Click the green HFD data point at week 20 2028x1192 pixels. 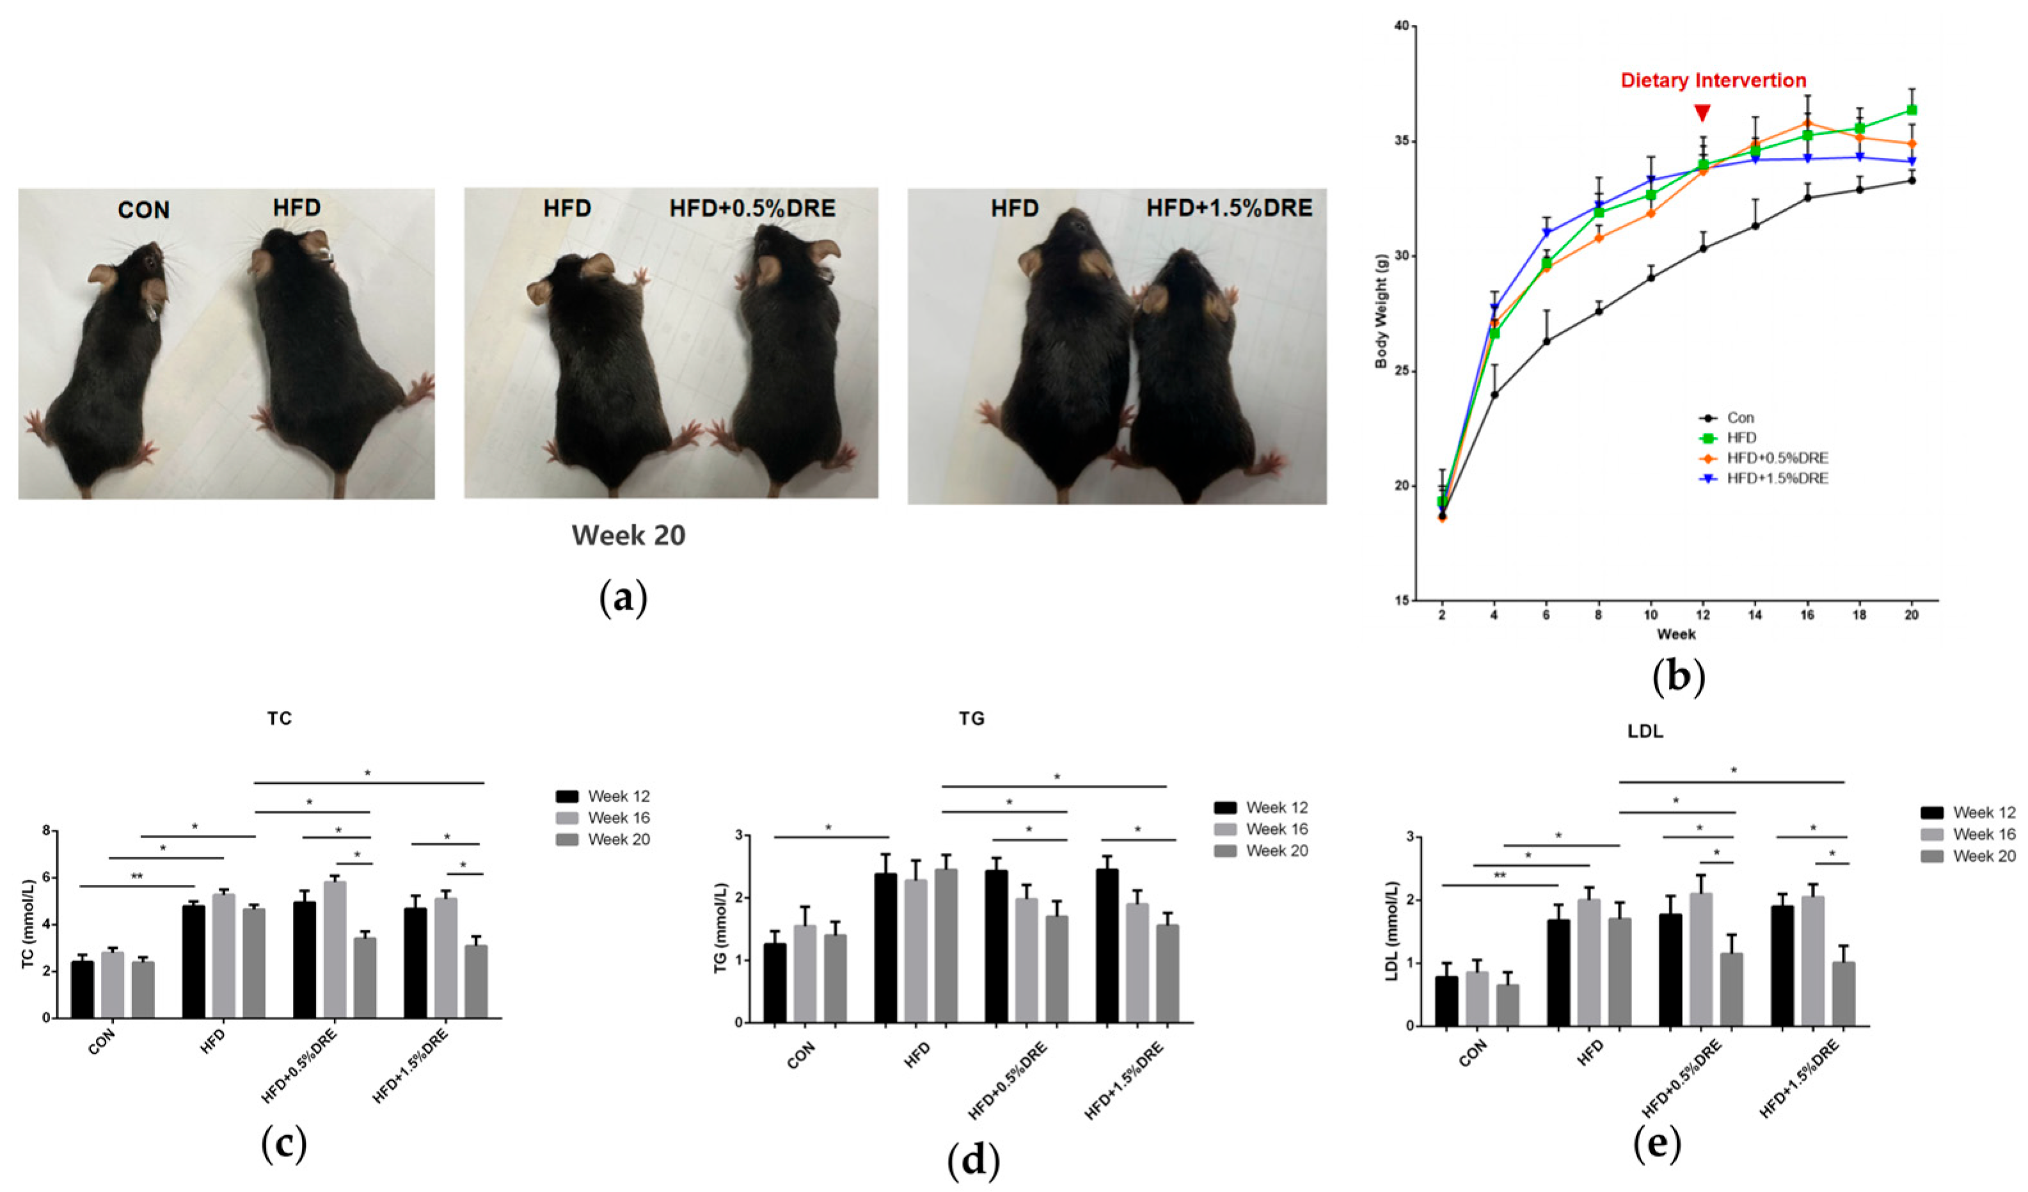click(1912, 110)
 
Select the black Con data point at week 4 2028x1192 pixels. click(1494, 394)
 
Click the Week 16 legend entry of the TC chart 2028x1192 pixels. click(603, 818)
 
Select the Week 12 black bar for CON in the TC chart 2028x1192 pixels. click(82, 989)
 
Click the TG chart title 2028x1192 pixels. click(972, 719)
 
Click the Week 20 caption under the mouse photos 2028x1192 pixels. click(628, 536)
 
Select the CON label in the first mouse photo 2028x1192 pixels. click(144, 210)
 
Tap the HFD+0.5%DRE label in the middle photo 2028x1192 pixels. click(752, 209)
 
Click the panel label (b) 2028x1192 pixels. click(1678, 677)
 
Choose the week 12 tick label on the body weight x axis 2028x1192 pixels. click(1702, 614)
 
